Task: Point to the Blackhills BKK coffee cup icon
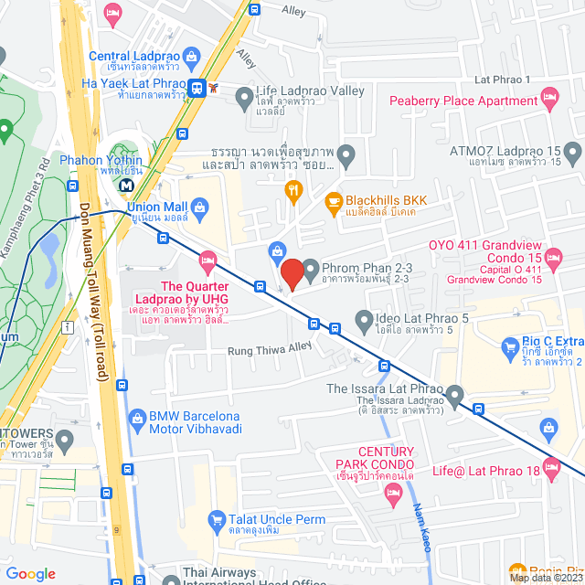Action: tap(334, 200)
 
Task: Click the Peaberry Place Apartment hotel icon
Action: tap(549, 96)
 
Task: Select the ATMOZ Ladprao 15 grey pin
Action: tap(571, 151)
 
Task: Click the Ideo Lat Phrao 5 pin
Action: tap(336, 325)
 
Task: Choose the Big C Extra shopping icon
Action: tap(510, 347)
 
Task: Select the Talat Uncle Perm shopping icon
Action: tap(217, 518)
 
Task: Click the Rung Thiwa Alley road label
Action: tap(271, 347)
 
